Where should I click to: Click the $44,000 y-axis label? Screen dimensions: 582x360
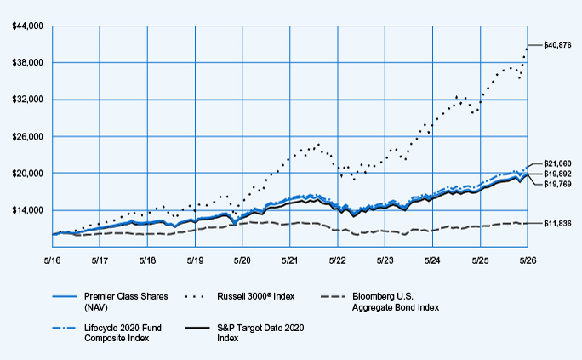27,26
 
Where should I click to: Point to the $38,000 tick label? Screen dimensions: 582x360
27,62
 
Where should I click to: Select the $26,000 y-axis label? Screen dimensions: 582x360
27,136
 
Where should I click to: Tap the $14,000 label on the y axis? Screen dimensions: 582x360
27,210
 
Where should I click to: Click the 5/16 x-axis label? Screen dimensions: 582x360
53,260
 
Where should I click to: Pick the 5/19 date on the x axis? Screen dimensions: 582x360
195,260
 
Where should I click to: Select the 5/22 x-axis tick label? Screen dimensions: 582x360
338,260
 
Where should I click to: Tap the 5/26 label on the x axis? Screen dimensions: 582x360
528,260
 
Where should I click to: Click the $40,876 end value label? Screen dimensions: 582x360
557,45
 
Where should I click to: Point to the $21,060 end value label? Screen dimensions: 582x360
557,163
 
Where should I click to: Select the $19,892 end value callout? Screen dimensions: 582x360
557,174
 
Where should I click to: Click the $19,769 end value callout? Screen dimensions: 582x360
557,184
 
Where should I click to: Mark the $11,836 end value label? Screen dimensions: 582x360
557,224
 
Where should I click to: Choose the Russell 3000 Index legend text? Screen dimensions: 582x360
256,296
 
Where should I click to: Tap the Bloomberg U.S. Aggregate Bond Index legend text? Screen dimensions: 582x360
396,302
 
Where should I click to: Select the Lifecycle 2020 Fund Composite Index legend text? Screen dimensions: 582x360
123,333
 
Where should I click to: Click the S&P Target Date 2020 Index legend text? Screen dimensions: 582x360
260,333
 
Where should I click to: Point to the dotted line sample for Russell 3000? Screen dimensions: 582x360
195,296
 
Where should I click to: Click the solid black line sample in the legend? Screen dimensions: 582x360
197,328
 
